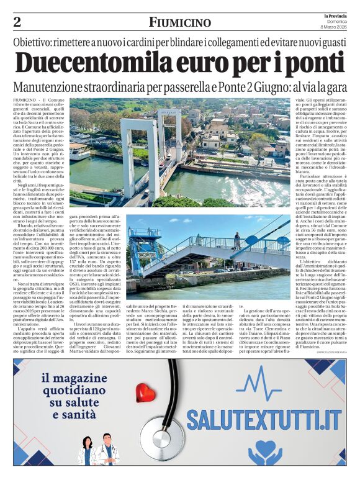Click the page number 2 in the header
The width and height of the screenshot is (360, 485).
(17, 22)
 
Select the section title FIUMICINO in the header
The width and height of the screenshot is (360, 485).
(179, 23)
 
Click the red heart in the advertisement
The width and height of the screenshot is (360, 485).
(145, 392)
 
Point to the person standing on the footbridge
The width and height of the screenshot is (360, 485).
(236, 240)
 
